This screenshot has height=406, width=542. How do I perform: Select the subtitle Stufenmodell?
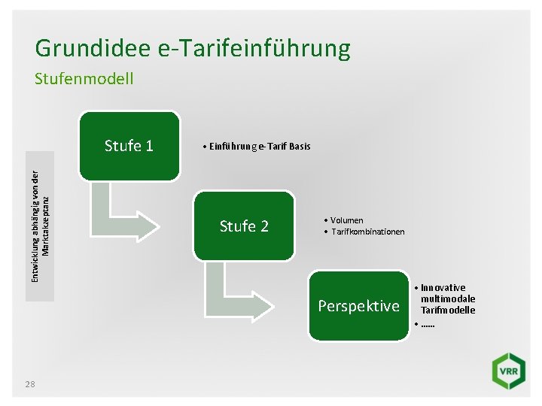(84, 78)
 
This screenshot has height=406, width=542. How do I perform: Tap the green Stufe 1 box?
(129, 146)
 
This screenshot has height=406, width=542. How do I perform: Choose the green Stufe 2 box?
(244, 226)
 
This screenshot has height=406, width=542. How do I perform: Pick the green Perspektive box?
(358, 306)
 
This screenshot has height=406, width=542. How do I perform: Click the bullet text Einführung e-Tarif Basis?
(256, 146)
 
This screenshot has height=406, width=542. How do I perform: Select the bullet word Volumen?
(347, 220)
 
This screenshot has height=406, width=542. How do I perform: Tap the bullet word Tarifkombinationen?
(367, 232)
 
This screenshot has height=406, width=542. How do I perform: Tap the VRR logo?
(508, 372)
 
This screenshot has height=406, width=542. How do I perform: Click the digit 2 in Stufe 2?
(264, 226)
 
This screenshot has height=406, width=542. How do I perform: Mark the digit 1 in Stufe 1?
(149, 146)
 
